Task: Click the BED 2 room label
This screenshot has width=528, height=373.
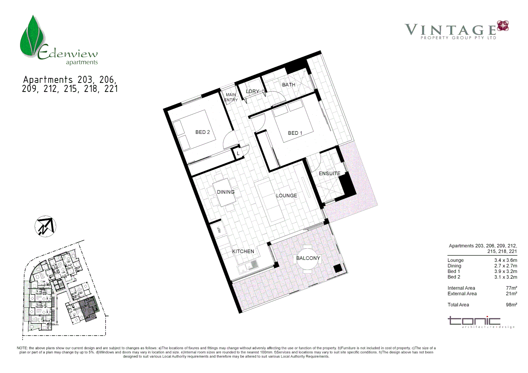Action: coord(202,132)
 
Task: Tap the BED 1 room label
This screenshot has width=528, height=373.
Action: coord(295,133)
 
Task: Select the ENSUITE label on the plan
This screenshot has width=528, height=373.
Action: coord(329,173)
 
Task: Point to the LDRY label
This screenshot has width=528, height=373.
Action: coord(252,92)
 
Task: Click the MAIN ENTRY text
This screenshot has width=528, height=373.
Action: coord(231,97)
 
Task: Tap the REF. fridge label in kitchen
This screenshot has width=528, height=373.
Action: coord(219,229)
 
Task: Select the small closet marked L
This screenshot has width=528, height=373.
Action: coord(238,153)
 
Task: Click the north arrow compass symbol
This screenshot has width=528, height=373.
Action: coord(45,227)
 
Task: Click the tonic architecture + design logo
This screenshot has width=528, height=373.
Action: coord(480,322)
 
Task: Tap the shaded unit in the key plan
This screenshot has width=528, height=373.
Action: coord(89,308)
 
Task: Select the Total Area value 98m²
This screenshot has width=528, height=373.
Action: coord(511,305)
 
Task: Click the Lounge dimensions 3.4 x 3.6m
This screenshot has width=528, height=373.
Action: coord(505,260)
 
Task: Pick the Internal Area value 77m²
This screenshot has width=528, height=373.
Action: coord(511,288)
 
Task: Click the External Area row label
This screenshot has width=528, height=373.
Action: coord(462,294)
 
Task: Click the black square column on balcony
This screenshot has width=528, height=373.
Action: coord(338,268)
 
